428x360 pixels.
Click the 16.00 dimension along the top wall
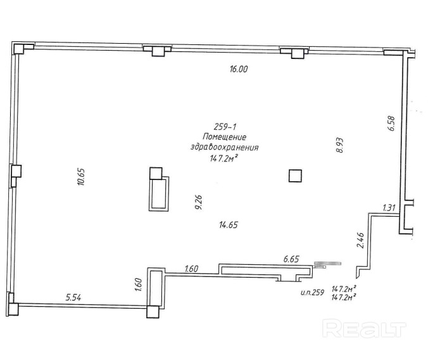(238, 70)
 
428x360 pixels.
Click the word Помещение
(224, 137)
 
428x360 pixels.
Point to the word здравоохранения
(225, 147)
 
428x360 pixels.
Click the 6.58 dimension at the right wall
(391, 122)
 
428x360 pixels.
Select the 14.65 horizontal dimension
(230, 224)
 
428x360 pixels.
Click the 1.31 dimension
(389, 208)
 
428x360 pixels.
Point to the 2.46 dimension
(360, 241)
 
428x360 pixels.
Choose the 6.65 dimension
(291, 259)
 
